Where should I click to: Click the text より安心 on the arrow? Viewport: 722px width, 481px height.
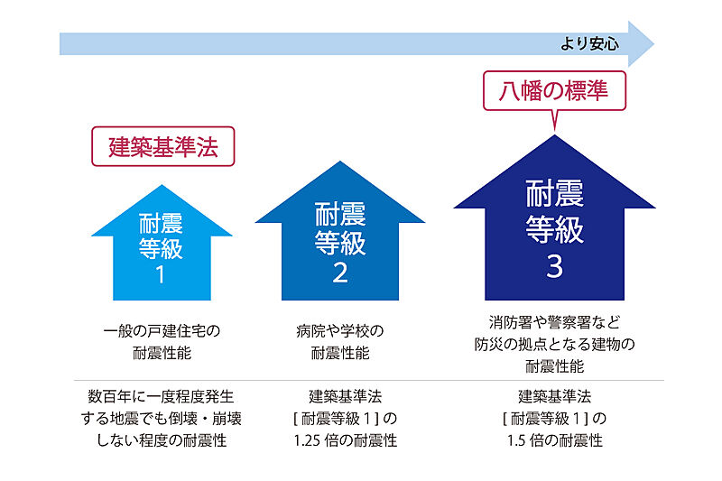click(589, 43)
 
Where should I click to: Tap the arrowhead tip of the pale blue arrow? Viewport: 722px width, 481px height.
click(653, 44)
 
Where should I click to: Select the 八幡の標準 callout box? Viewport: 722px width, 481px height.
click(554, 90)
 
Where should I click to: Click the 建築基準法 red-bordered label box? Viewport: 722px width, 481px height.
click(163, 146)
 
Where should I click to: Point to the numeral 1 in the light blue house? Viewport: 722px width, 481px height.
click(161, 275)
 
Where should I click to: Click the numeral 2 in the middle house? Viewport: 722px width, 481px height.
click(340, 273)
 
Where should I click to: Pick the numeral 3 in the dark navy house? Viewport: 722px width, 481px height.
click(554, 266)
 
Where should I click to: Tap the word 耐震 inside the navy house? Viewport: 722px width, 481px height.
click(554, 193)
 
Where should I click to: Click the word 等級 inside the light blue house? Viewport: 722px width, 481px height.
click(161, 248)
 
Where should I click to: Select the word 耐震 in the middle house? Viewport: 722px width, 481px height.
click(340, 214)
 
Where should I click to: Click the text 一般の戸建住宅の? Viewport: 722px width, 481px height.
click(162, 330)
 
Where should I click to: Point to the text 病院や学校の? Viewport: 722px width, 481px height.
click(340, 330)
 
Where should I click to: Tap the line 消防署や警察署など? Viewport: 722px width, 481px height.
click(554, 322)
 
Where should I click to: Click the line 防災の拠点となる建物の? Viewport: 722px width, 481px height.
click(554, 345)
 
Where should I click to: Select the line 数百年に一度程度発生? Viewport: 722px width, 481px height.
click(161, 396)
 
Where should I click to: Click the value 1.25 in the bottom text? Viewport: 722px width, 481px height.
click(307, 441)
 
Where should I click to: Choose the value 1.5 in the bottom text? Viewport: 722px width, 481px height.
click(516, 441)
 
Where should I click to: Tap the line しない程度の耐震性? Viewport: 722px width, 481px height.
click(162, 440)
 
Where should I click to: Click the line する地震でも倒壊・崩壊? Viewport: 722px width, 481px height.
click(162, 419)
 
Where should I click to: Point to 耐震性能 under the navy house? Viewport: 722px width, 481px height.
click(554, 366)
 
